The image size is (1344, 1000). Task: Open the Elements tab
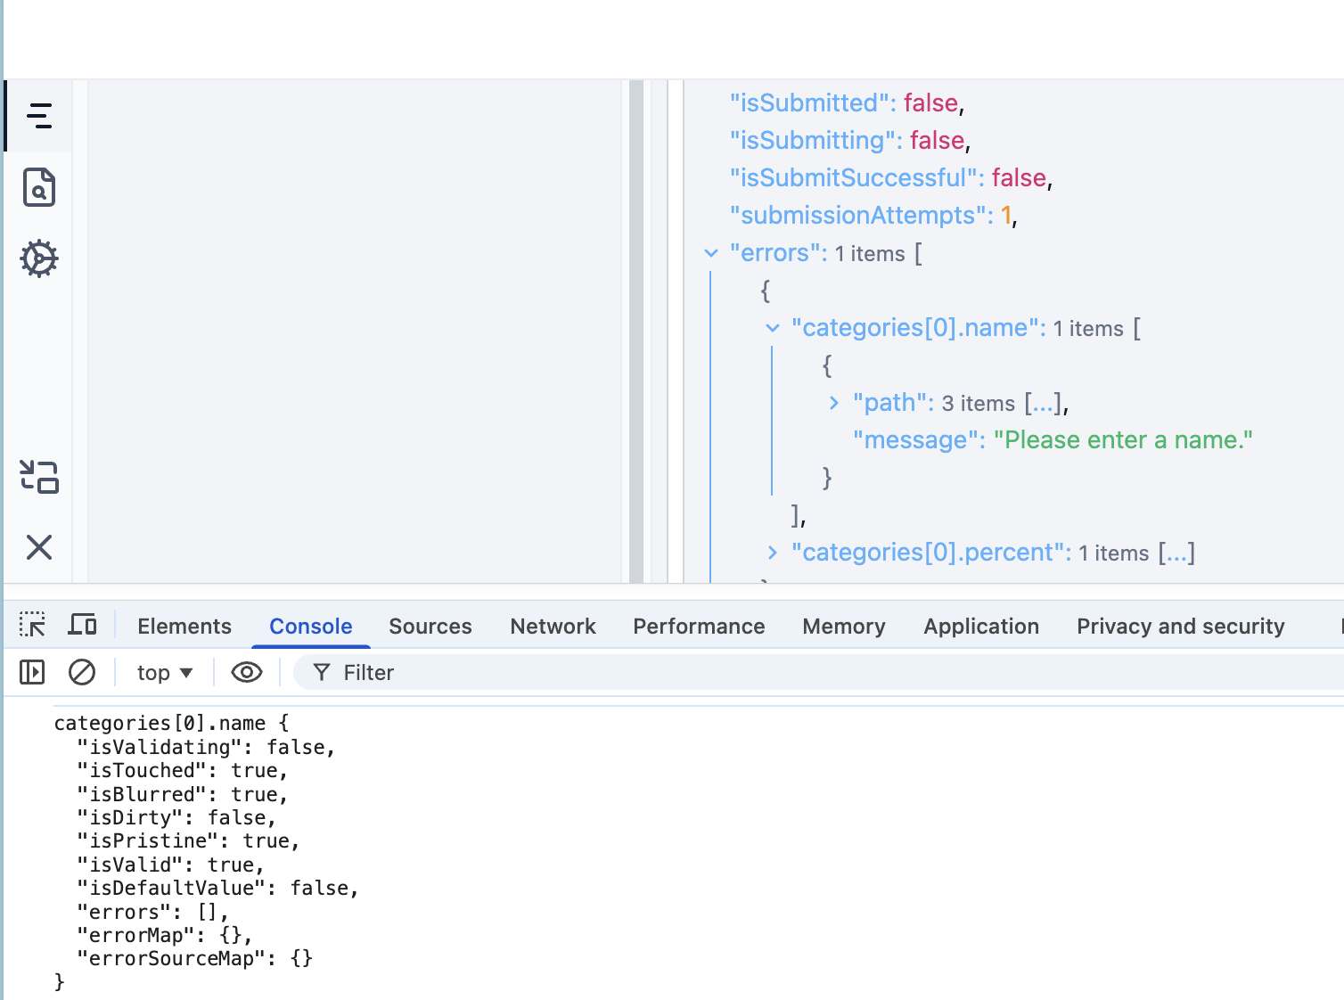tap(184, 627)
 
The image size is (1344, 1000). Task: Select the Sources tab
tap(430, 627)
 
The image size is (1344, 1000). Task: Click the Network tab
tap(553, 627)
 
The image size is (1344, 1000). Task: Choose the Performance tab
tap(699, 627)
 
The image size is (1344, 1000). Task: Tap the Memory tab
tap(843, 627)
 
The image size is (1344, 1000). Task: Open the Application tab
tap(980, 627)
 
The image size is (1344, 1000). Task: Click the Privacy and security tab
tap(1180, 627)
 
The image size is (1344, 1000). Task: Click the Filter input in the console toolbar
tap(802, 673)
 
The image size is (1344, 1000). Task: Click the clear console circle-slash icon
tap(82, 672)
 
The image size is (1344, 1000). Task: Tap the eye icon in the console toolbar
tap(247, 672)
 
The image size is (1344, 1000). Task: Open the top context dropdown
tap(164, 673)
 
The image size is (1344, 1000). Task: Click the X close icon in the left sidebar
tap(39, 547)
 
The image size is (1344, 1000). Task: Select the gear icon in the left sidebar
tap(39, 258)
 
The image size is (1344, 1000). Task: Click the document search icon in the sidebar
tap(39, 187)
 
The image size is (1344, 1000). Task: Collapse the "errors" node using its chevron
tap(711, 253)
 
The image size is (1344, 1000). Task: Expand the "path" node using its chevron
tap(834, 403)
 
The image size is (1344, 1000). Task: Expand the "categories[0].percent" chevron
tap(773, 553)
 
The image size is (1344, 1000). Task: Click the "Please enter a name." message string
tap(1123, 440)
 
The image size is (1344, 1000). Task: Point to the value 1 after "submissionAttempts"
tap(1006, 216)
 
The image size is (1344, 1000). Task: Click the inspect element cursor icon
tap(32, 625)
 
